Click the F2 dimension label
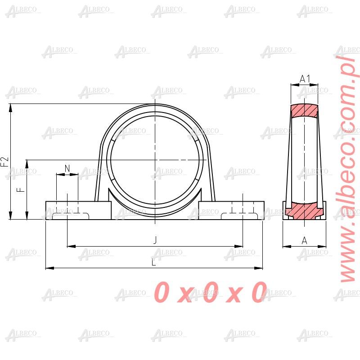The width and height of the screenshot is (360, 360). click(4, 162)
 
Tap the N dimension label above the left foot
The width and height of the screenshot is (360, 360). click(67, 168)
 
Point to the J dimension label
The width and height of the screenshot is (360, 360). click(155, 241)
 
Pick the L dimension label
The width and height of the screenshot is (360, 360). click(154, 263)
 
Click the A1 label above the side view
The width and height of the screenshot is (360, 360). click(305, 79)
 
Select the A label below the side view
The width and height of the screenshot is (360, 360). click(304, 241)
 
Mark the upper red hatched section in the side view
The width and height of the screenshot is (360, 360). click(304, 111)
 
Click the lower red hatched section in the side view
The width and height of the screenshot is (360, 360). click(304, 209)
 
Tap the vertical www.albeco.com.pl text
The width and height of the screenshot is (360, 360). click(347, 166)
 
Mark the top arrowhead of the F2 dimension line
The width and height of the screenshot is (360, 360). click(10, 107)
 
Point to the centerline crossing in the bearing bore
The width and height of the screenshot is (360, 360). click(154, 160)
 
